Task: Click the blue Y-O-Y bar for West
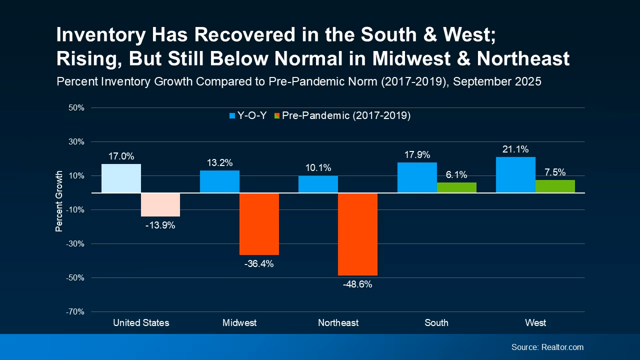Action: [x=515, y=175]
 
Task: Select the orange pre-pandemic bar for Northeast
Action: [x=357, y=234]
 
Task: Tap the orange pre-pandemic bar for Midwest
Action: [x=259, y=224]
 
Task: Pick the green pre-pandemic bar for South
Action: [x=456, y=187]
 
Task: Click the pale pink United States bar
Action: [x=160, y=204]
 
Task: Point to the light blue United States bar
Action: [x=121, y=178]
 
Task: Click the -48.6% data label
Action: [x=357, y=284]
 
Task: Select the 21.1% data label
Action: [x=515, y=149]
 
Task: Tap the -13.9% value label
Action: [x=160, y=225]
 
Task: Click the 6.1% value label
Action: [x=456, y=174]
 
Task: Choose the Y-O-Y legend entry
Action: [x=247, y=115]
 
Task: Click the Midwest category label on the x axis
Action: [x=239, y=322]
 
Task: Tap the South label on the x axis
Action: [x=436, y=322]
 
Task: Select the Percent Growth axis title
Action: [x=59, y=201]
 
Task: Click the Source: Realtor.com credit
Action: [x=547, y=347]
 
